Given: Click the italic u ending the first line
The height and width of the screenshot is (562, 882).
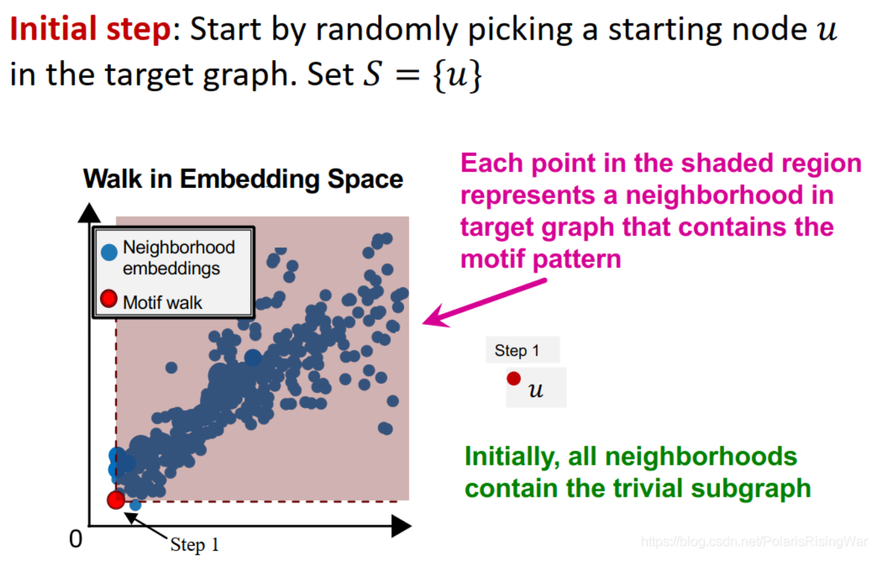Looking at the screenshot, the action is (x=827, y=30).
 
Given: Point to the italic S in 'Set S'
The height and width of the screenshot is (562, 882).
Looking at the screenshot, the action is (x=371, y=74).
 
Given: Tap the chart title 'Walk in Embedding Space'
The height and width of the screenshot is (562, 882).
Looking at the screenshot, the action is (x=243, y=179).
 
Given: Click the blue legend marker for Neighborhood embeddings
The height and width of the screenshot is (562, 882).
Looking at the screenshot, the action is (x=109, y=252).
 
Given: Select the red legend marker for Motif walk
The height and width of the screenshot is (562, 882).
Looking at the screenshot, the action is (x=108, y=299).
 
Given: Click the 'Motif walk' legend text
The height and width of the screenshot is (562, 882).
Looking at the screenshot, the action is (x=162, y=303).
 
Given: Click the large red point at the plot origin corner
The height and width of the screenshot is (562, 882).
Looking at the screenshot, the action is (x=116, y=500).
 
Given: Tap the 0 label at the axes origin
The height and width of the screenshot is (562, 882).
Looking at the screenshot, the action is (x=76, y=539).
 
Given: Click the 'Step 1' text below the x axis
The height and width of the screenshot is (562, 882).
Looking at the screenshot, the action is (x=195, y=545).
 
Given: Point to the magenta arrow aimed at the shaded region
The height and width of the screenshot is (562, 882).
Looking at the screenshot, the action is (x=484, y=302).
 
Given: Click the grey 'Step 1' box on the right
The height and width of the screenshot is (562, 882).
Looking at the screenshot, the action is (x=522, y=350).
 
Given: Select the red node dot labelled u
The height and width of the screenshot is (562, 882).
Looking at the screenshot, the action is (x=514, y=379).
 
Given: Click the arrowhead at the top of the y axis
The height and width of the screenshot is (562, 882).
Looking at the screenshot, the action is (x=89, y=213).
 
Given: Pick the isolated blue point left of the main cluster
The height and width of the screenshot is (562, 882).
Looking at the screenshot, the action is (x=171, y=367).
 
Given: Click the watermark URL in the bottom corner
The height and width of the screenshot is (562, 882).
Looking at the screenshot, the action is (x=754, y=542).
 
